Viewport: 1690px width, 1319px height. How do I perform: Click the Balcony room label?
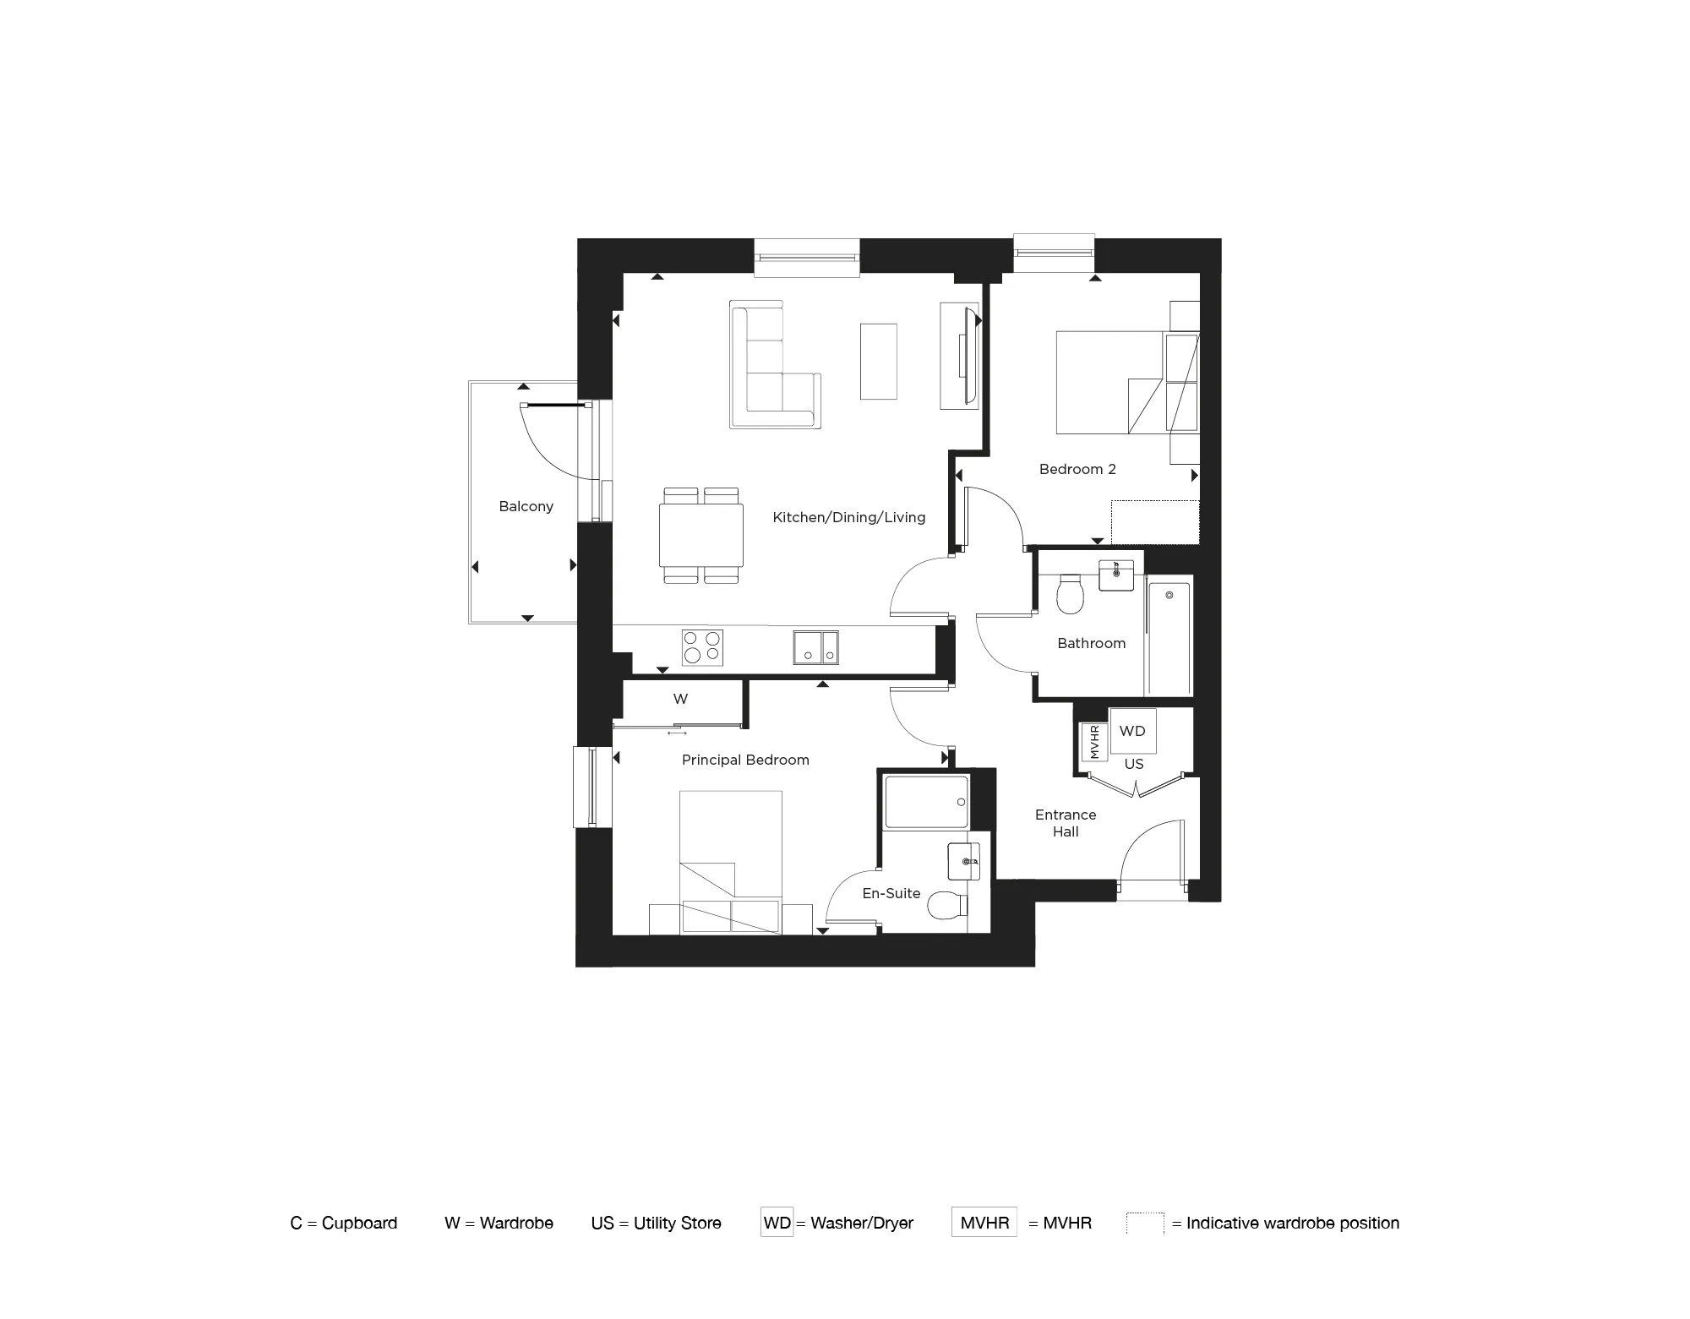point(526,507)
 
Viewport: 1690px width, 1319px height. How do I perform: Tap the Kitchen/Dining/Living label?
point(848,517)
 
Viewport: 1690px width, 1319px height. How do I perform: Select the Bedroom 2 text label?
point(1077,469)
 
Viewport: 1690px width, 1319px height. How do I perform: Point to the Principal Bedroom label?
point(745,760)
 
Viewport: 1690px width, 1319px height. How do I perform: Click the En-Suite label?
point(891,893)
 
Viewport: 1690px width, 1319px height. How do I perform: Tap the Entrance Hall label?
point(1066,823)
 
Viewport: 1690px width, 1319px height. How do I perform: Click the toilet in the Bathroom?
point(1070,593)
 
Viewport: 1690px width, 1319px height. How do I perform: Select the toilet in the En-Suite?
point(946,906)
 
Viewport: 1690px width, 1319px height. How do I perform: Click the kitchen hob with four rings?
point(702,647)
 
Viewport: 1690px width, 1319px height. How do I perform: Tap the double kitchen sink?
point(815,647)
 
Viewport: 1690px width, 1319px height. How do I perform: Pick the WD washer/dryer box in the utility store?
point(1132,731)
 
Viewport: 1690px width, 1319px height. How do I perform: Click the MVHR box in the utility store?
point(1094,742)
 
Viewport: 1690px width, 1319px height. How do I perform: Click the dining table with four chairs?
point(701,536)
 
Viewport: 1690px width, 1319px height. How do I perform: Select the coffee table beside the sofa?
point(878,361)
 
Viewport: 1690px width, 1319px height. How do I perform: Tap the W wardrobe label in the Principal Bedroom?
point(680,699)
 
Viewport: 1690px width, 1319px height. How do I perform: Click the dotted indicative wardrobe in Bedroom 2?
point(1154,522)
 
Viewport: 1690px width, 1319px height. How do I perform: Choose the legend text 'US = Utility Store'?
point(656,1223)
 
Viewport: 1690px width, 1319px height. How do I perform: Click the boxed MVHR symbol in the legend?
point(984,1223)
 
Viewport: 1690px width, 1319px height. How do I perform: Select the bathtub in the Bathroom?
point(1169,635)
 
